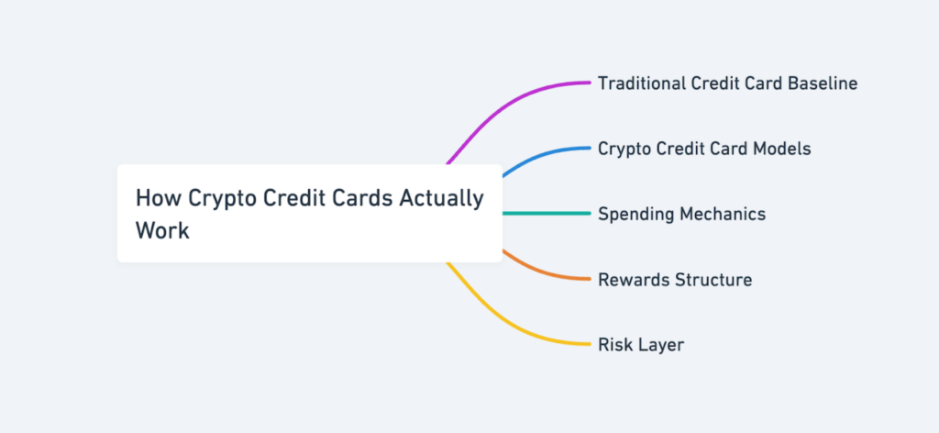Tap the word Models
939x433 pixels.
(x=780, y=149)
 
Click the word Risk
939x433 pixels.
(x=614, y=345)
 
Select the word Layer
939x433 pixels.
(x=662, y=345)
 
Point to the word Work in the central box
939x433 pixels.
(x=162, y=229)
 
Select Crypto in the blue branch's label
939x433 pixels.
(x=625, y=149)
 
